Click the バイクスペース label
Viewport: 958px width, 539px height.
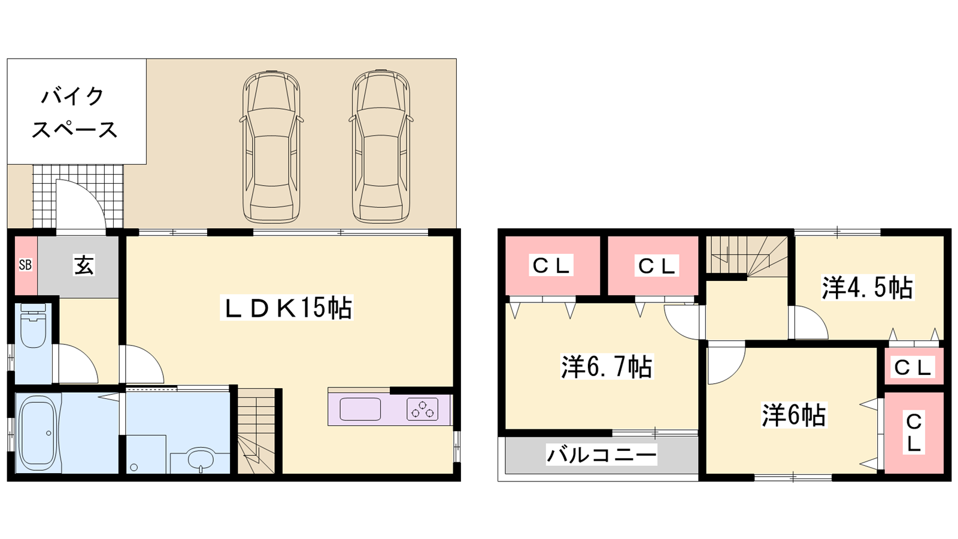[74, 113]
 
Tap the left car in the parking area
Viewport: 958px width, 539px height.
[271, 146]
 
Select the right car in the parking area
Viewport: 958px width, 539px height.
[381, 146]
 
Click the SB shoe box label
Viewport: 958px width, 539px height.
[26, 265]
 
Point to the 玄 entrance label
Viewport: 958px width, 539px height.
[84, 265]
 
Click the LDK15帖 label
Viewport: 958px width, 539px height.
[287, 308]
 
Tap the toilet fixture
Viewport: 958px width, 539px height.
[33, 326]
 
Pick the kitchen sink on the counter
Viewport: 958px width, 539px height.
[360, 410]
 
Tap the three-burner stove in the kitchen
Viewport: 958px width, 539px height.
[423, 410]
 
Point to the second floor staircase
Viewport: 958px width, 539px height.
[747, 255]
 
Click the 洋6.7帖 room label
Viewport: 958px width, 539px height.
[607, 367]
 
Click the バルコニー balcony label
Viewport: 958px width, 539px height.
[602, 455]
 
